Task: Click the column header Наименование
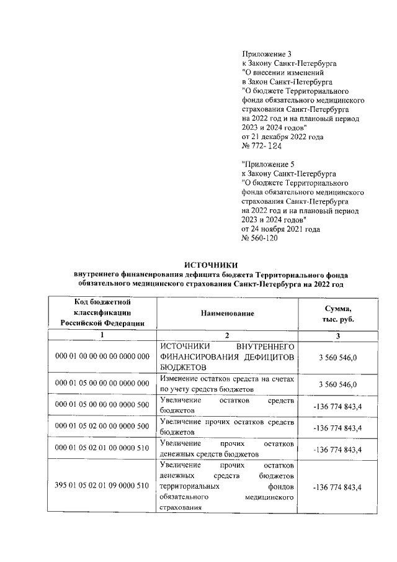pos(227,314)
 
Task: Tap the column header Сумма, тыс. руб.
pos(337,314)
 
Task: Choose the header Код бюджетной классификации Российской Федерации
pos(102,313)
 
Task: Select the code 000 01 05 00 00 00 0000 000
pos(102,384)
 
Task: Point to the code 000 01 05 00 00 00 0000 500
pos(102,405)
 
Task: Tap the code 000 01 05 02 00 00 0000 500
pos(102,427)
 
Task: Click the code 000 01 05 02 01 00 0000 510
pos(102,448)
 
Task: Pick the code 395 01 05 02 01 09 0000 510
pos(102,486)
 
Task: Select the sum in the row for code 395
pos(337,486)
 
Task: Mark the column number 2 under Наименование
pos(227,335)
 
